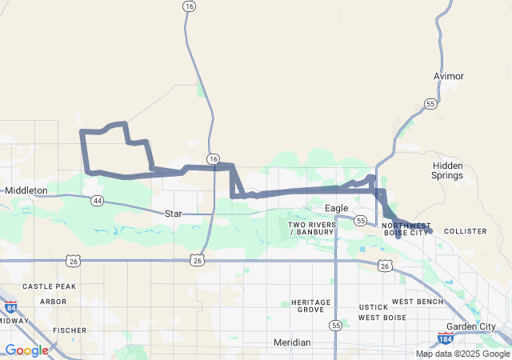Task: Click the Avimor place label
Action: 448,76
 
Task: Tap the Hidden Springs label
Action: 447,170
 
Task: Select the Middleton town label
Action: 26,190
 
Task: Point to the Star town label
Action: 174,214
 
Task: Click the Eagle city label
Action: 336,208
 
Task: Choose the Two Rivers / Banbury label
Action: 312,229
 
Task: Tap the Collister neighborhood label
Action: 465,231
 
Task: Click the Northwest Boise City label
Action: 406,230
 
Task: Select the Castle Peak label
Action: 49,286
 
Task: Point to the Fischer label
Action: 70,330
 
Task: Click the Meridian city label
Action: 292,342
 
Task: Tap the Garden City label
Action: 471,326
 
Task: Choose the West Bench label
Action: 417,302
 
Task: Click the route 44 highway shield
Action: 97,200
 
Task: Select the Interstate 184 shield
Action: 446,340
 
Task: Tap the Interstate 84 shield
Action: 10,307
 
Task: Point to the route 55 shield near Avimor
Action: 430,104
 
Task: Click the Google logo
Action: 26,350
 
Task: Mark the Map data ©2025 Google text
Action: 462,354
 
